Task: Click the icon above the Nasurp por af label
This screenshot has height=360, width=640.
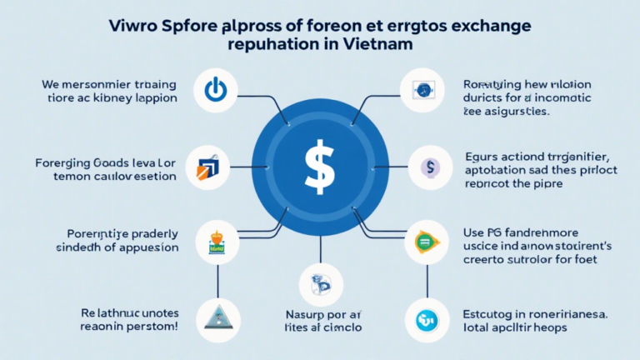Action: [321, 283]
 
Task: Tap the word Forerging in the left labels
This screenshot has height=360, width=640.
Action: [64, 162]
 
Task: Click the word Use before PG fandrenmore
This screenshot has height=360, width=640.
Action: [473, 232]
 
